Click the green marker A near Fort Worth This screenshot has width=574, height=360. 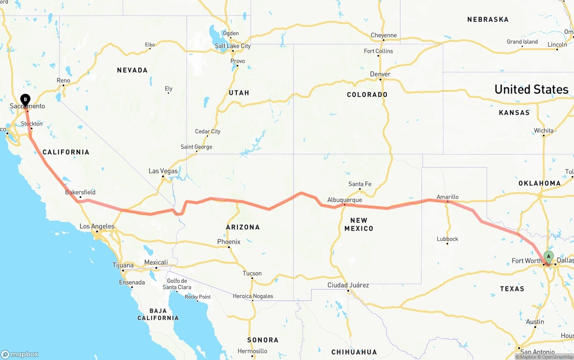(548, 256)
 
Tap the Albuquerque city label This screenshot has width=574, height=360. (344, 200)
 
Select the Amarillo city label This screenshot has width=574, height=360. (448, 197)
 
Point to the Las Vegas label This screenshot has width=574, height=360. (163, 171)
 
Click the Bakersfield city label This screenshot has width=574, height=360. (80, 192)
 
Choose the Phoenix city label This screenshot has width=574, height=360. (229, 242)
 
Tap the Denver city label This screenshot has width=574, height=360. (380, 74)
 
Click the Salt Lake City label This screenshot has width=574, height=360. (233, 46)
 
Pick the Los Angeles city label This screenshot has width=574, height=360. (97, 226)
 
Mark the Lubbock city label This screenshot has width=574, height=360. (448, 239)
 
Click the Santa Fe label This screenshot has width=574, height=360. (360, 184)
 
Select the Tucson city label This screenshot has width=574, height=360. (252, 273)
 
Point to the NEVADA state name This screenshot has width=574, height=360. (132, 70)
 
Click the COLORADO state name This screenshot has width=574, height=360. (367, 95)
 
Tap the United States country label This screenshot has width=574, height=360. (531, 89)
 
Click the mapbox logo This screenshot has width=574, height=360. (20, 354)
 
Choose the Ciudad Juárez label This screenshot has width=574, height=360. (348, 285)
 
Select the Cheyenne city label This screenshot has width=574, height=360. (384, 35)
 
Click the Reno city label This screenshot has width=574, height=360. (63, 80)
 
